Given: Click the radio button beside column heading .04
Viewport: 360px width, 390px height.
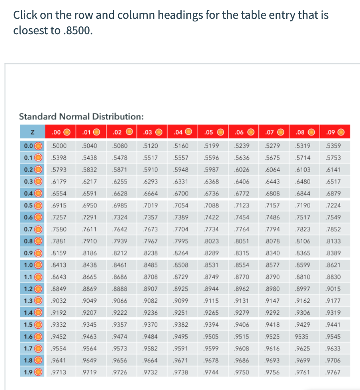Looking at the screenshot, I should (189, 132).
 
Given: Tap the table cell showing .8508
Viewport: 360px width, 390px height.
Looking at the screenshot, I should (182, 265).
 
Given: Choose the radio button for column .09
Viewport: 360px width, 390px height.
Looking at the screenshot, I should (341, 132).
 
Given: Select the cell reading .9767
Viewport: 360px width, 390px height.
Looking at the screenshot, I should (333, 372).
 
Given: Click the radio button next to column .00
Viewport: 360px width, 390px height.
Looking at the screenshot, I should (67, 132).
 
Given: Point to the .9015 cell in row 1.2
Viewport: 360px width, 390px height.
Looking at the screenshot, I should (333, 289).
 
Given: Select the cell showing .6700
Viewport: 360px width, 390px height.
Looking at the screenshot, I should (182, 193).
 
